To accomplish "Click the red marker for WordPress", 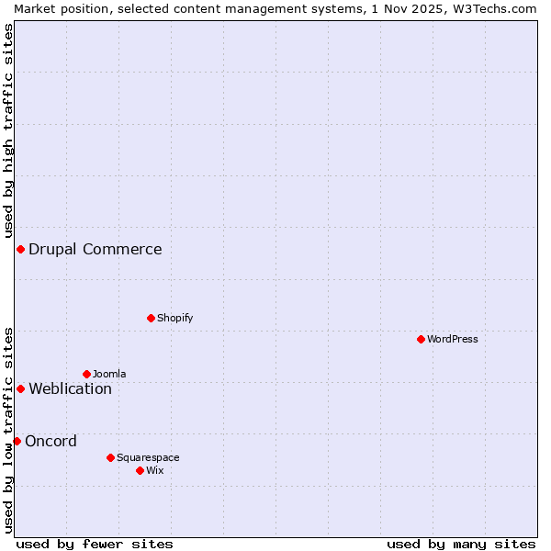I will (421, 339).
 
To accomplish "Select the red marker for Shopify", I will (151, 318).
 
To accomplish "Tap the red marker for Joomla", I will (86, 374).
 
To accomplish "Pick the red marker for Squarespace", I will (110, 457).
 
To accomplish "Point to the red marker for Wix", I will (140, 470).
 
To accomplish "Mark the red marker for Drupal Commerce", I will (20, 249).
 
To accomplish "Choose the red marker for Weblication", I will (20, 388).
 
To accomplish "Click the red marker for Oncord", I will (17, 441).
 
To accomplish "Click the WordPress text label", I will (453, 339).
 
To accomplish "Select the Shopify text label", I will (174, 318).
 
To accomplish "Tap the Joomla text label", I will (109, 374).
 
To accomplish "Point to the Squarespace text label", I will (148, 457).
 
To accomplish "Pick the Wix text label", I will (155, 470).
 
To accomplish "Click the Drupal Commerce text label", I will (96, 249).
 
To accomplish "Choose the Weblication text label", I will (70, 388).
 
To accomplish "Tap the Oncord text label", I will (51, 441).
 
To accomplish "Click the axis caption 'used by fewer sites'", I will (95, 544).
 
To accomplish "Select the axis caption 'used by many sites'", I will (461, 544).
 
